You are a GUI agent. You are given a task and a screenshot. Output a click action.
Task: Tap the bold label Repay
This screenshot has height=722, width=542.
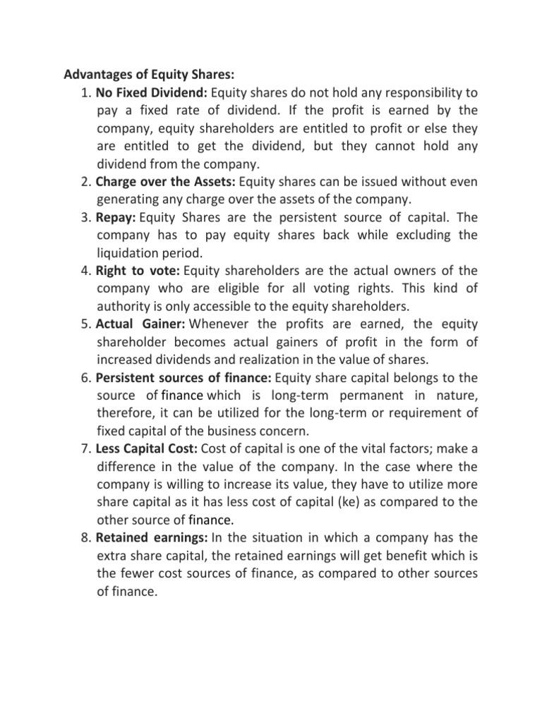[116, 217]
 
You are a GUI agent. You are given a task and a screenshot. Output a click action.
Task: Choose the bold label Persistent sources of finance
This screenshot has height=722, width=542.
[183, 378]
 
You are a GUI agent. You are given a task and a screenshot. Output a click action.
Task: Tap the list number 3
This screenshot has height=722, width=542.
[87, 217]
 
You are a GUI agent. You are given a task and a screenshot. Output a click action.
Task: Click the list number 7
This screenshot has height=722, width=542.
[87, 449]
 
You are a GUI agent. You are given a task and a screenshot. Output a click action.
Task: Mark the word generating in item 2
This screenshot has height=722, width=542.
[128, 200]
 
